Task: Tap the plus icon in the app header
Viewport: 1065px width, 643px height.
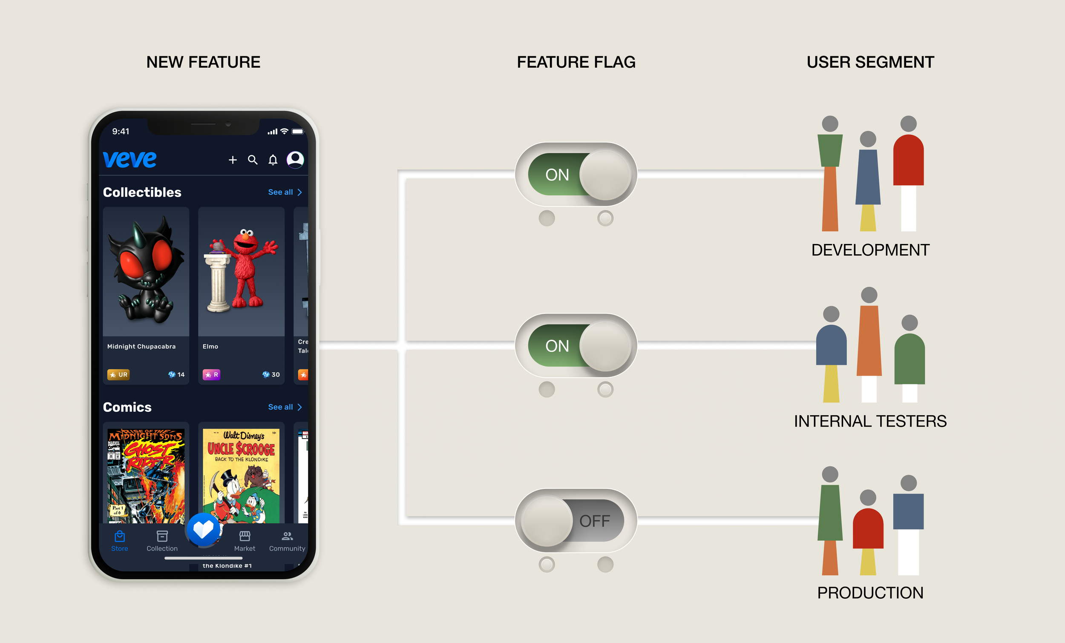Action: click(233, 160)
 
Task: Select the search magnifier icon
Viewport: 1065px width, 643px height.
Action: click(253, 160)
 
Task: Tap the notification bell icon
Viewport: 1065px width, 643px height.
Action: click(273, 160)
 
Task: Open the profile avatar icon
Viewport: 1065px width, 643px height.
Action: click(295, 159)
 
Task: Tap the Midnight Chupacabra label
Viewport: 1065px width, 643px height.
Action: click(141, 347)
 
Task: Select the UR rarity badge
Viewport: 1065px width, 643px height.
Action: click(118, 375)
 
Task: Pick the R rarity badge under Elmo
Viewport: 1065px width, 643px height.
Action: click(211, 375)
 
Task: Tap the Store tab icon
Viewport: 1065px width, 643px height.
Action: click(120, 536)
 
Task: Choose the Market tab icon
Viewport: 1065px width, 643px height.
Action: click(245, 536)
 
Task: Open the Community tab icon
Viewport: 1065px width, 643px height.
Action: click(287, 536)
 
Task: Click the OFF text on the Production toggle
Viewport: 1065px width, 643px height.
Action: click(594, 521)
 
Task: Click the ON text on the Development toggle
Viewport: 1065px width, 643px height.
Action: click(557, 175)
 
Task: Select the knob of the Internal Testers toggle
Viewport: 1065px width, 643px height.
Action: click(605, 346)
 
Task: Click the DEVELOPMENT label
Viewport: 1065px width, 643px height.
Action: click(870, 250)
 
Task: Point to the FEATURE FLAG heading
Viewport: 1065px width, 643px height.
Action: click(576, 62)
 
